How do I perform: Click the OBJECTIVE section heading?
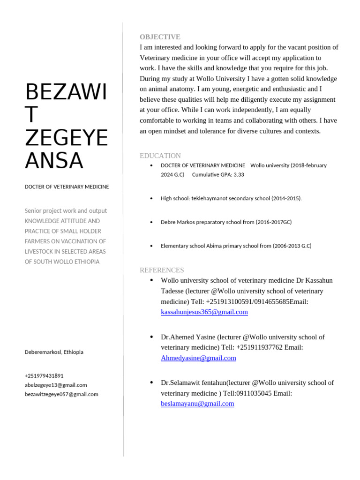point(160,37)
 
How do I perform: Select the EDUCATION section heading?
point(160,156)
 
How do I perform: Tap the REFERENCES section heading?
point(162,270)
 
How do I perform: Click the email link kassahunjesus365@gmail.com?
point(204,312)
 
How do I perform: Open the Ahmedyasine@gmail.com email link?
point(198,358)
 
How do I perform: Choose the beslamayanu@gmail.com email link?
point(197,403)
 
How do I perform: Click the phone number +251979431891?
point(44,375)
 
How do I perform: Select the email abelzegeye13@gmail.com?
point(56,385)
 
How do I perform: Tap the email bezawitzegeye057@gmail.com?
point(61,394)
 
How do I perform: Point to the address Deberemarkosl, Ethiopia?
point(54,352)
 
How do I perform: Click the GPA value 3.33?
point(239,174)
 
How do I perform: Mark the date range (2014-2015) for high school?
point(286,198)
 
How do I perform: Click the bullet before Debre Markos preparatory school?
point(151,222)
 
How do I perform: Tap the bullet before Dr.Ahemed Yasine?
point(151,337)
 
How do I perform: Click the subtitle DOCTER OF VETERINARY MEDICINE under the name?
point(67,187)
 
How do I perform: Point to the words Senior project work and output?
point(66,210)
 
